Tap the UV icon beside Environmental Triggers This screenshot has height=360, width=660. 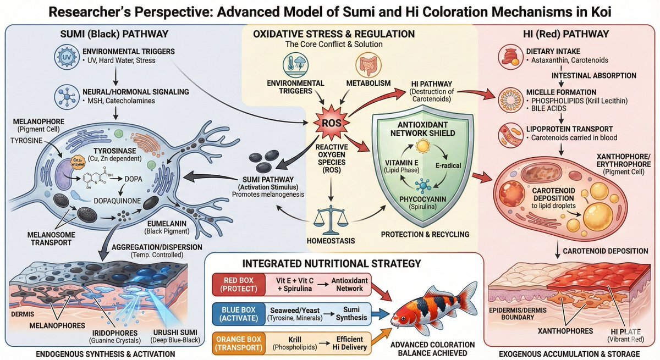coord(66,57)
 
